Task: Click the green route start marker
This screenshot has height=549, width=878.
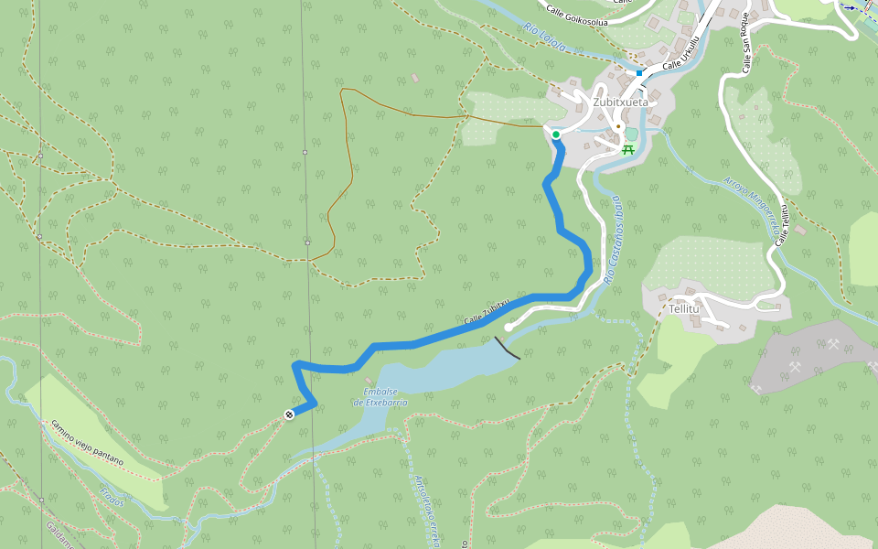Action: pos(556,135)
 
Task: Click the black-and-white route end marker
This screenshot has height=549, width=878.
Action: pos(289,415)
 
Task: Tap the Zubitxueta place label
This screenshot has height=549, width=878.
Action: pos(620,102)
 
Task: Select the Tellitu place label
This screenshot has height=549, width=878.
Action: pos(683,308)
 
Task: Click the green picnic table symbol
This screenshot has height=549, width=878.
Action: pos(628,148)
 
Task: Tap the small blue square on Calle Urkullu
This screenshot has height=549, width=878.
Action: pos(639,71)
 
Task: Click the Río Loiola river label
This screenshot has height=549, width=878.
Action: pos(546,36)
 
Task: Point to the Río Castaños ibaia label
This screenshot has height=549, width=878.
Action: pos(610,240)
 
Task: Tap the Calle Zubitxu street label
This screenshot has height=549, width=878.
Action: pos(487,313)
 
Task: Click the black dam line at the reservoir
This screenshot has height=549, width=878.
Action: pos(508,348)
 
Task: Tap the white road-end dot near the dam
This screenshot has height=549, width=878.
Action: pos(509,327)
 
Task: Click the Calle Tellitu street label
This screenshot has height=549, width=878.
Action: pos(783,224)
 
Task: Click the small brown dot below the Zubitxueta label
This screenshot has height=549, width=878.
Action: pos(618,126)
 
